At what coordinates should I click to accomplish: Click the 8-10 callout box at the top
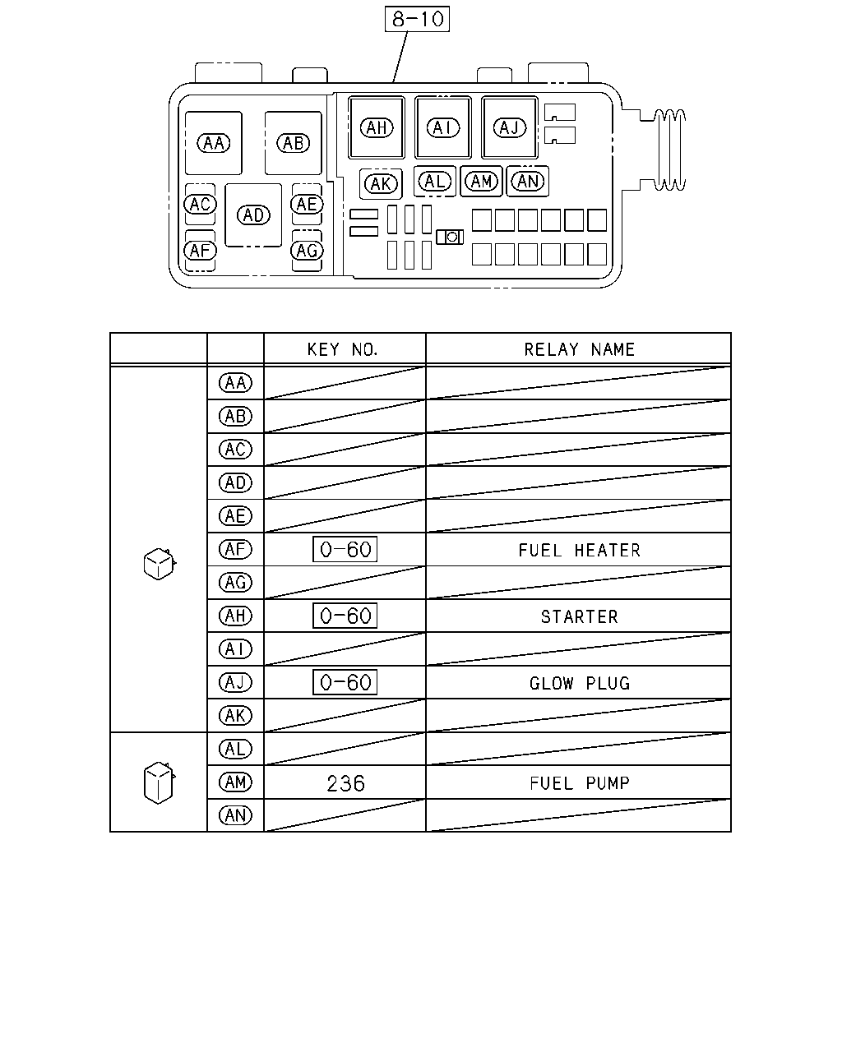(x=417, y=19)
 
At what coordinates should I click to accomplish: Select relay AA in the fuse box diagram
(x=213, y=143)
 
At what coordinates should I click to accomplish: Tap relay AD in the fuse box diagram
(x=253, y=215)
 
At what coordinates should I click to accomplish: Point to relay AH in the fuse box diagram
(x=377, y=127)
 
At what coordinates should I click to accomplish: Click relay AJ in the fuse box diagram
(x=510, y=127)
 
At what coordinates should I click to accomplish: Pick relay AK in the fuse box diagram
(x=382, y=184)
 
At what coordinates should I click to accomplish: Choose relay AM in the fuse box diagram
(x=481, y=182)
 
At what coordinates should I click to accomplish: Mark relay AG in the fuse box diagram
(x=308, y=251)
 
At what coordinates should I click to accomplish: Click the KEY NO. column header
(x=343, y=349)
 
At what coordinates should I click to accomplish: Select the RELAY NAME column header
(x=579, y=349)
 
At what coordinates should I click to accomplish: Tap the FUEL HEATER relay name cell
(x=579, y=551)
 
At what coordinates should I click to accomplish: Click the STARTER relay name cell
(x=579, y=617)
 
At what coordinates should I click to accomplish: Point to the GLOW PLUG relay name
(x=579, y=684)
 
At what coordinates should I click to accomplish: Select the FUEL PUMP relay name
(x=579, y=783)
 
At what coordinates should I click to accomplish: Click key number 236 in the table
(x=345, y=783)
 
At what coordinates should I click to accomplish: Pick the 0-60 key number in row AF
(x=345, y=550)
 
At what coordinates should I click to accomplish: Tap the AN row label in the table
(x=235, y=815)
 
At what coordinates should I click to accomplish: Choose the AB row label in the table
(x=235, y=417)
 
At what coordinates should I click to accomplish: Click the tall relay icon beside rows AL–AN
(x=159, y=782)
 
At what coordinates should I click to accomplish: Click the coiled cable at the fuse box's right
(x=669, y=150)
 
